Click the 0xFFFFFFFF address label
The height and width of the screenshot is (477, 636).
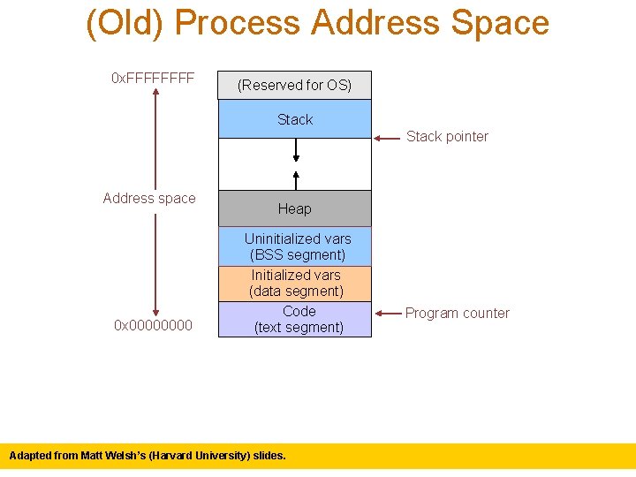click(153, 79)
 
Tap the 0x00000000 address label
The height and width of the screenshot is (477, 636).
click(153, 326)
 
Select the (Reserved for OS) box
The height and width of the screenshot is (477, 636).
click(295, 86)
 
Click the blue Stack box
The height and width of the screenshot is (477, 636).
click(295, 119)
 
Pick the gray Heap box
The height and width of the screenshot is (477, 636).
click(295, 208)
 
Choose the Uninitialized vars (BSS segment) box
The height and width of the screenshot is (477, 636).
click(295, 246)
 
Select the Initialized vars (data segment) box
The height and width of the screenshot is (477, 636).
click(295, 284)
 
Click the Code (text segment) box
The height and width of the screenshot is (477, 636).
click(295, 319)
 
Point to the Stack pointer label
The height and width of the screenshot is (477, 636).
click(447, 136)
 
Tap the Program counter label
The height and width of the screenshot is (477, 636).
click(457, 313)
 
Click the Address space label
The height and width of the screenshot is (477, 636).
click(149, 198)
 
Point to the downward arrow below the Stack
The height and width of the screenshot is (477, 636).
click(296, 151)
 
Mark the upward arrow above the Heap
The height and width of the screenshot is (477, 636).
click(296, 177)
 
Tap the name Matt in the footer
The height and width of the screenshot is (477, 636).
click(94, 456)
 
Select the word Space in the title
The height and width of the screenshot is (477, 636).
click(501, 23)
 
